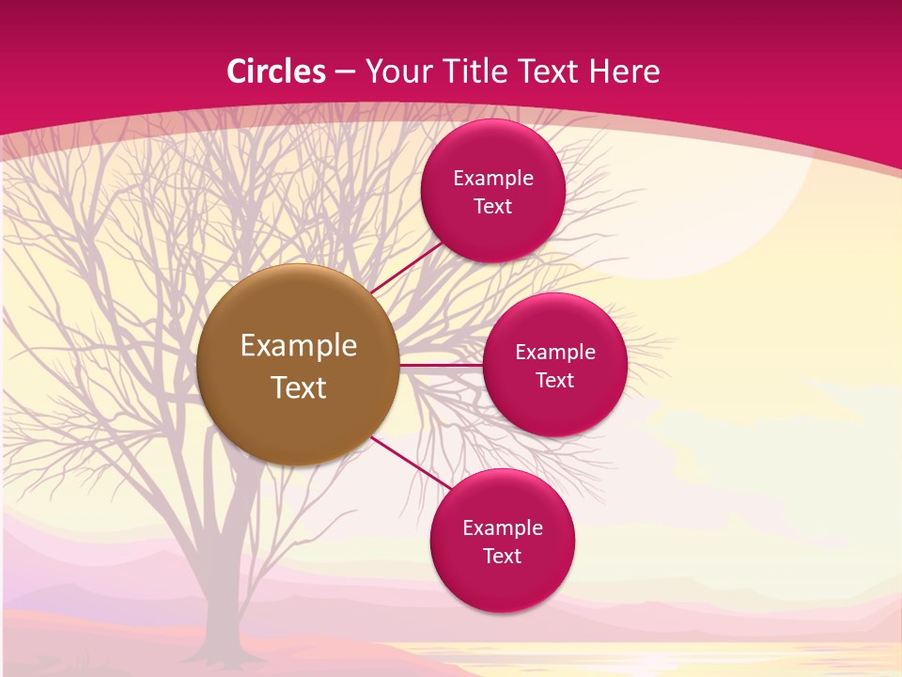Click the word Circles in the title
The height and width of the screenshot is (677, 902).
coord(276,71)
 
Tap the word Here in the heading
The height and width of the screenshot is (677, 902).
coord(624,71)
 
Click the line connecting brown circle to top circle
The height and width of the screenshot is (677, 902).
coord(406,269)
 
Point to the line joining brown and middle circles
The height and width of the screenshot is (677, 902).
coord(442,365)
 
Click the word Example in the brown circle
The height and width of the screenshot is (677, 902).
coord(299,346)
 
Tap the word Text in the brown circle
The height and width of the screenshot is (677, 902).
coord(299,387)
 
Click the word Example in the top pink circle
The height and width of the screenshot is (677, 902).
coord(493,179)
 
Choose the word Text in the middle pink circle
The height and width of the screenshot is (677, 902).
coord(554,381)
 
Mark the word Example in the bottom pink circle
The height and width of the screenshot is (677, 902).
coord(503,528)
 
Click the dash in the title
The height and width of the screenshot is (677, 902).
coord(345,72)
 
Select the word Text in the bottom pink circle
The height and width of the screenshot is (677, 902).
coord(502,557)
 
